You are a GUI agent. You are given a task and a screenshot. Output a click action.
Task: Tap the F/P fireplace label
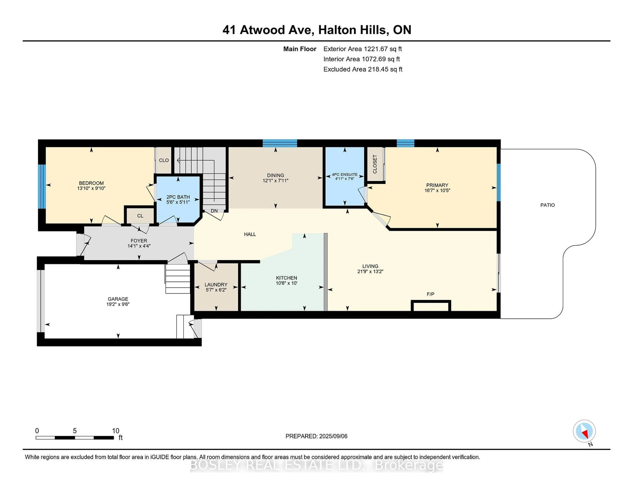click(x=430, y=294)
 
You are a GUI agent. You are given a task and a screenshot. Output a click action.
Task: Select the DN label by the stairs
click(x=214, y=211)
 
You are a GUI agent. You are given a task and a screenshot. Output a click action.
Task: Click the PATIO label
click(x=547, y=205)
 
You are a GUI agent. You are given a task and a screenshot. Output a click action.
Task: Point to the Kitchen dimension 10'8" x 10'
click(x=286, y=283)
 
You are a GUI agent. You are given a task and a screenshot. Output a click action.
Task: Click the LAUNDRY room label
click(x=216, y=285)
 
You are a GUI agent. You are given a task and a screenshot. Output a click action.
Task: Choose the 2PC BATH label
click(x=178, y=197)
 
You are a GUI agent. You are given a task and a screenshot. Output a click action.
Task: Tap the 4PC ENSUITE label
click(x=345, y=174)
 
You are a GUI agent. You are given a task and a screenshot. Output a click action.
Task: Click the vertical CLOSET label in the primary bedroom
click(x=375, y=164)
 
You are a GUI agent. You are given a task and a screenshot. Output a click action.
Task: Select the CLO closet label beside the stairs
click(x=164, y=160)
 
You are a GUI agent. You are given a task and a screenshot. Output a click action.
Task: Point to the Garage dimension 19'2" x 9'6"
click(x=118, y=304)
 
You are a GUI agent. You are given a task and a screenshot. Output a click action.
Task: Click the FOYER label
click(x=139, y=241)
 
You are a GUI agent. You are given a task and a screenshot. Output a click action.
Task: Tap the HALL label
click(x=250, y=234)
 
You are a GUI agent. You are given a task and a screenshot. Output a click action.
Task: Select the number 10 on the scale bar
click(x=116, y=431)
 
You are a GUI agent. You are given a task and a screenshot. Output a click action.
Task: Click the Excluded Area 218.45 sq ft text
click(x=363, y=69)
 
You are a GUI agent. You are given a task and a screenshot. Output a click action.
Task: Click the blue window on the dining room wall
click(x=280, y=143)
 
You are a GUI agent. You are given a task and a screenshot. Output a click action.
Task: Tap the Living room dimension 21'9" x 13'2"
click(x=370, y=272)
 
